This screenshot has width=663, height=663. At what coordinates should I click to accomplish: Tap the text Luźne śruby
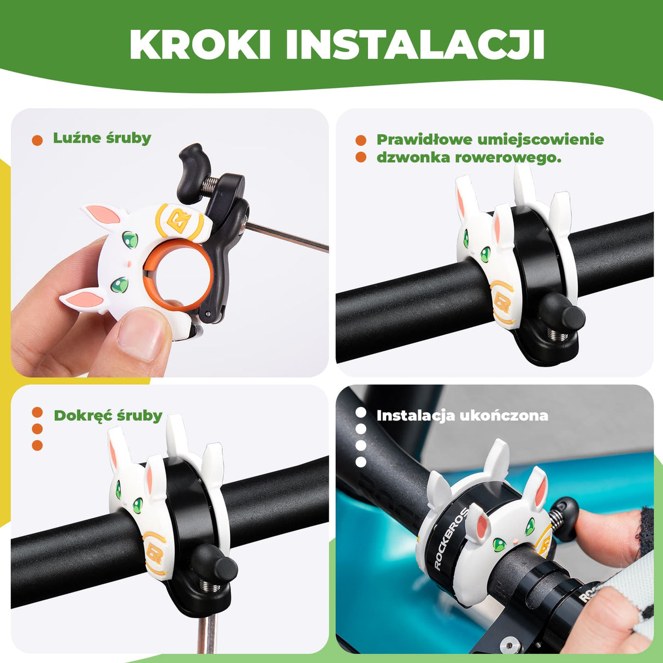tap(102, 138)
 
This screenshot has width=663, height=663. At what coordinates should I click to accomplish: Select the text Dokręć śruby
tap(108, 416)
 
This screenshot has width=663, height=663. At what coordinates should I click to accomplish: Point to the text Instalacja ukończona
tap(462, 416)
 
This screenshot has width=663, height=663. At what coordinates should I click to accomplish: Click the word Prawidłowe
tap(424, 140)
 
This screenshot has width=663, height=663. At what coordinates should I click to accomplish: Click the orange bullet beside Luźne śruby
tap(37, 140)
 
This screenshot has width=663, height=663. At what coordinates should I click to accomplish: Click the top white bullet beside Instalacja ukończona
tap(360, 413)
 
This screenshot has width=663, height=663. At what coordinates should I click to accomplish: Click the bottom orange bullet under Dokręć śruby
tap(37, 445)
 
